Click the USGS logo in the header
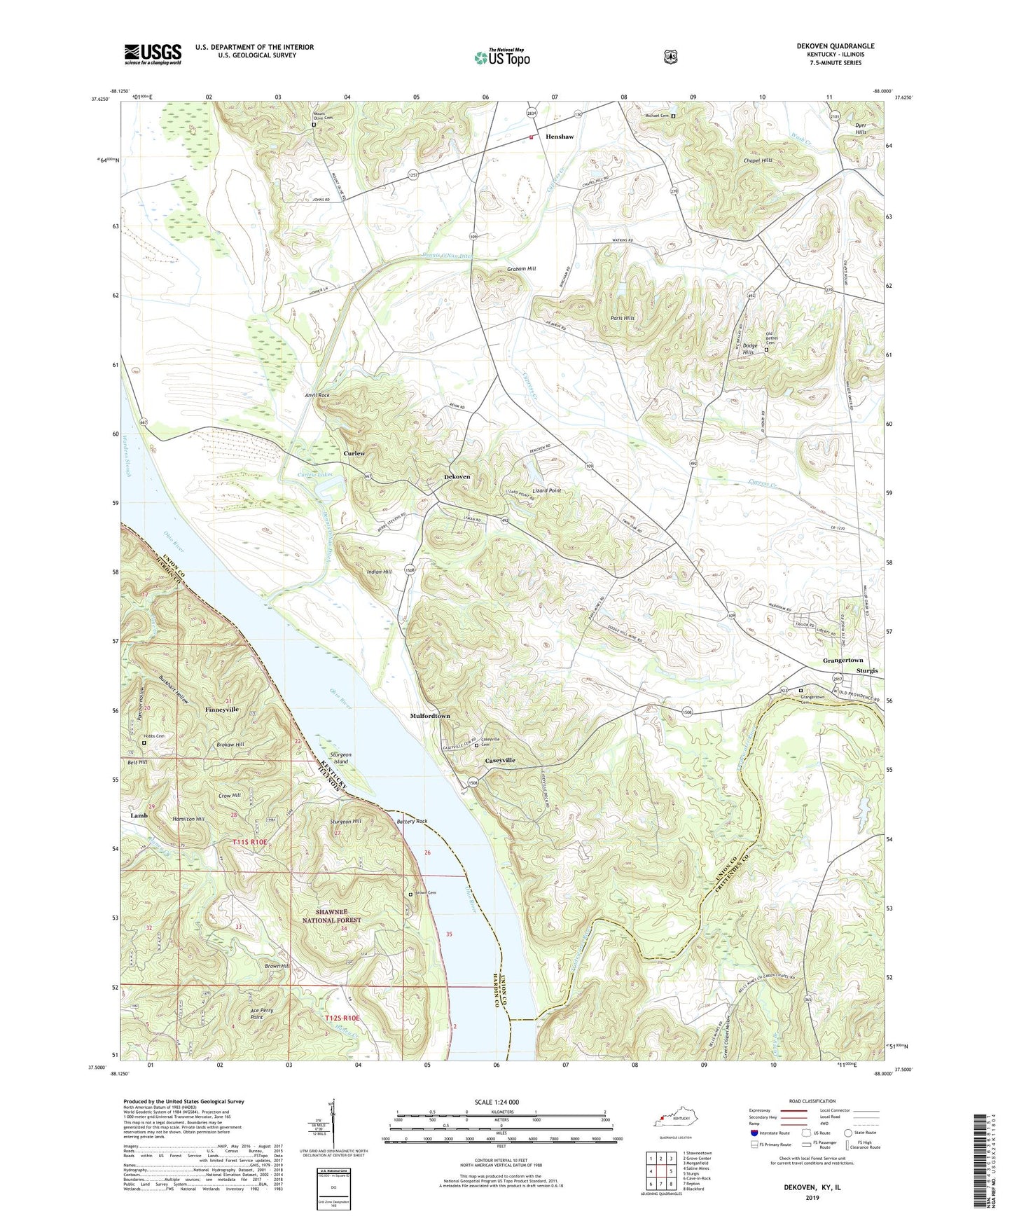153,54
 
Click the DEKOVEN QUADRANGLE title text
835,46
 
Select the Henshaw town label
560,137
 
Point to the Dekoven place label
457,477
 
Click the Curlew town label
354,453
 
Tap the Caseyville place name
500,760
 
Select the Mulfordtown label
429,717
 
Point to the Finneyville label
222,710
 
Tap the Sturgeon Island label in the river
340,758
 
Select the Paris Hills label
620,317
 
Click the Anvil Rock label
317,395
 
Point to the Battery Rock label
412,821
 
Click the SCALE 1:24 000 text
497,1102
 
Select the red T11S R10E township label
250,841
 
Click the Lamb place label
139,816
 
